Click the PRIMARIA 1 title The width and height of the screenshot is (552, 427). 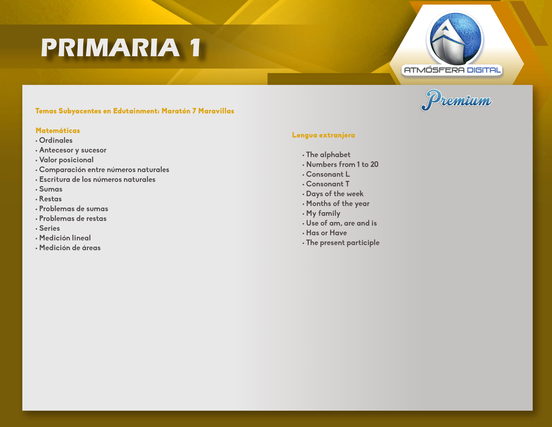pyautogui.click(x=121, y=47)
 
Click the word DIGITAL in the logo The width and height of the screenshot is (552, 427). pyautogui.click(x=484, y=70)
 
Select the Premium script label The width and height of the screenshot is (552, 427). pyautogui.click(x=456, y=100)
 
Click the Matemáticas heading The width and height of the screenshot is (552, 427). pyautogui.click(x=58, y=131)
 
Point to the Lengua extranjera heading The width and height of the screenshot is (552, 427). pyautogui.click(x=323, y=135)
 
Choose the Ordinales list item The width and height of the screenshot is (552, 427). pyautogui.click(x=56, y=140)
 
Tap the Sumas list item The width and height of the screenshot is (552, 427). pyautogui.click(x=51, y=189)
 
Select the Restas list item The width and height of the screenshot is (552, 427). pyautogui.click(x=50, y=199)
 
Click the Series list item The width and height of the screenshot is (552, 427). pyautogui.click(x=49, y=228)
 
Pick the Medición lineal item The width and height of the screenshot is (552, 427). pyautogui.click(x=65, y=238)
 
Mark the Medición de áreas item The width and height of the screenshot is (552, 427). pyautogui.click(x=70, y=248)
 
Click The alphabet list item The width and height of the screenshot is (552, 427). pyautogui.click(x=328, y=155)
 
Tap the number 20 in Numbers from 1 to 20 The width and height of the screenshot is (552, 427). pyautogui.click(x=374, y=165)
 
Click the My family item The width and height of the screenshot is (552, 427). pyautogui.click(x=323, y=214)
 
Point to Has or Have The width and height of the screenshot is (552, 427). pyautogui.click(x=326, y=233)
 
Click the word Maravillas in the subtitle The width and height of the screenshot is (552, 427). pyautogui.click(x=216, y=111)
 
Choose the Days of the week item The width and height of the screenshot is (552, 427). pyautogui.click(x=335, y=194)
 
